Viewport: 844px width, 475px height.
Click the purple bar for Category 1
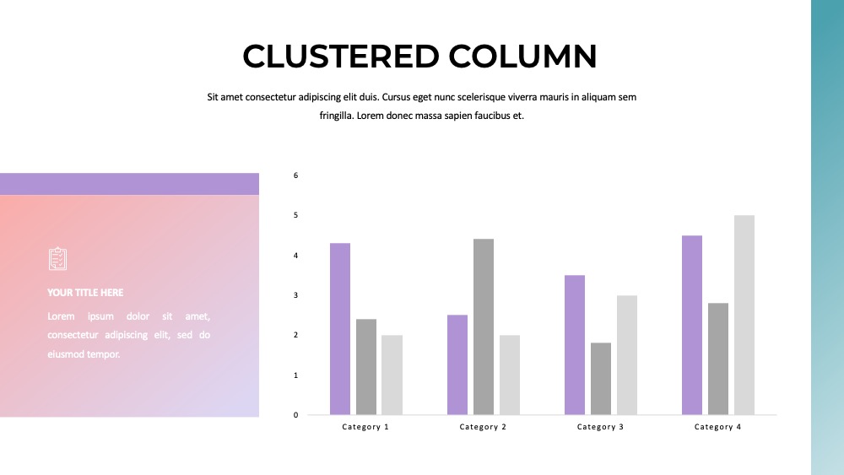coord(340,329)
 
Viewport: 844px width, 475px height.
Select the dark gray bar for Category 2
coord(484,327)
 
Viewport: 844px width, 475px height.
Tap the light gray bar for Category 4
coord(744,315)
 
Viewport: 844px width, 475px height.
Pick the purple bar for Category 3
coord(575,345)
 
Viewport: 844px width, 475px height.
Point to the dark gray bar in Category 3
coord(601,379)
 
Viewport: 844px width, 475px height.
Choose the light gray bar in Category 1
coord(392,375)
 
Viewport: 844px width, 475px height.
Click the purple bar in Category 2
coord(457,364)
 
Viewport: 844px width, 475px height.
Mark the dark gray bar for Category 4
coord(718,359)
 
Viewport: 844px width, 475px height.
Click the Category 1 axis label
coord(365,427)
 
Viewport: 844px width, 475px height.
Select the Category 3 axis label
coord(600,427)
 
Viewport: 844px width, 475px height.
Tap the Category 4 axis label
coord(717,427)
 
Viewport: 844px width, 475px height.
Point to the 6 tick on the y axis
coord(295,175)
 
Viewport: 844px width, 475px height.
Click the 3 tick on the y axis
coord(295,294)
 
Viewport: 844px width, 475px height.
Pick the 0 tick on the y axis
coord(295,415)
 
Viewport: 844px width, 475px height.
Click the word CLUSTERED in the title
coord(341,56)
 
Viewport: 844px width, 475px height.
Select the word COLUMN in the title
coord(522,56)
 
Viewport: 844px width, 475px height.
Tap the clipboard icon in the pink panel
coord(57,259)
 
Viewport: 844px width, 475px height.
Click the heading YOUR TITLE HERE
coord(85,293)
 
